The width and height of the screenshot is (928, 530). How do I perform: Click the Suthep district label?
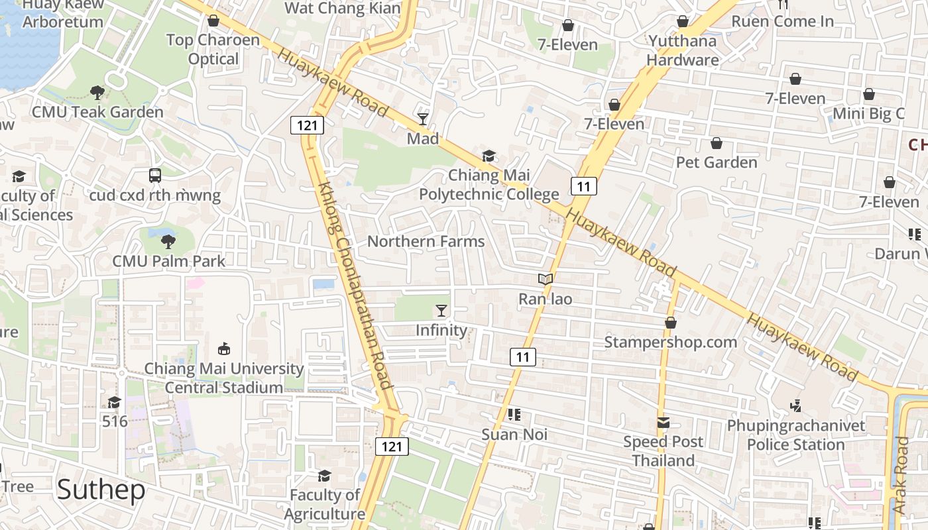click(x=101, y=490)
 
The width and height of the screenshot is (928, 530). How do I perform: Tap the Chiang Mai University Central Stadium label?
click(x=224, y=378)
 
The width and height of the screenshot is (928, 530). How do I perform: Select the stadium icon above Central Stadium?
click(x=224, y=348)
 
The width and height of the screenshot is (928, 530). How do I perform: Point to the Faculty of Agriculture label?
click(x=325, y=504)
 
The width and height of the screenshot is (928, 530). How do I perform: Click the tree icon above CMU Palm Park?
click(x=168, y=241)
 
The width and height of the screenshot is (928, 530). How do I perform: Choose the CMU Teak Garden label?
click(x=97, y=112)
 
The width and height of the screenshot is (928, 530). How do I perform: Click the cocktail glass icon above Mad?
click(x=423, y=119)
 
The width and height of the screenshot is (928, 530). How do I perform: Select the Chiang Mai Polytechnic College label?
click(x=489, y=185)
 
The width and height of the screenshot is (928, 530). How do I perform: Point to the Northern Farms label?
click(x=426, y=241)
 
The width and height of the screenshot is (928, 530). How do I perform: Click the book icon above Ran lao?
click(x=545, y=280)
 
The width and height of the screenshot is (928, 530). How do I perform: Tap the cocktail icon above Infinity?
click(x=441, y=310)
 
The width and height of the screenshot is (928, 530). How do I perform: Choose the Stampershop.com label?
click(x=670, y=342)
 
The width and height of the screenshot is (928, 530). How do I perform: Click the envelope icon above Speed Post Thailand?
click(x=663, y=423)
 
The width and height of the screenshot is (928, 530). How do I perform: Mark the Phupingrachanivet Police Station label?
click(x=795, y=435)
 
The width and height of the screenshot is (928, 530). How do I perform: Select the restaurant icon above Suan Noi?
click(x=514, y=415)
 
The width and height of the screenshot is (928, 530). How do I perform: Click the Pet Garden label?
click(x=716, y=162)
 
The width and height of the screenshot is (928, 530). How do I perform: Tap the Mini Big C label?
click(x=868, y=113)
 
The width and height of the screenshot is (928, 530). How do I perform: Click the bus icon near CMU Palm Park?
click(x=155, y=176)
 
